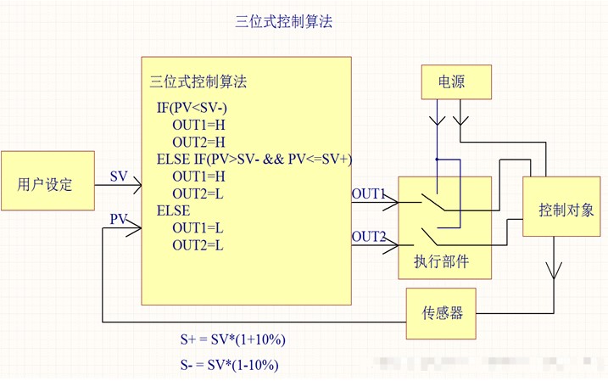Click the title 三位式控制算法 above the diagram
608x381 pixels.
coord(283,22)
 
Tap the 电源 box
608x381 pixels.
coord(451,82)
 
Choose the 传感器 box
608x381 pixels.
coord(443,312)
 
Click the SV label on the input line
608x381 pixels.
coord(119,176)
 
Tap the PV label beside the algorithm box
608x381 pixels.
coord(119,220)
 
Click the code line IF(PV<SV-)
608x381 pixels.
coord(192,108)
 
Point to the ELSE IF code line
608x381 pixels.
coord(254,160)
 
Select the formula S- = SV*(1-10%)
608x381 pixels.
coord(230,365)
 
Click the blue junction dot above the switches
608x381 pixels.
coord(437,159)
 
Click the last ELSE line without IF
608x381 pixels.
coord(174,210)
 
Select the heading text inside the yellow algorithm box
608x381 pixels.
coord(198,82)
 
